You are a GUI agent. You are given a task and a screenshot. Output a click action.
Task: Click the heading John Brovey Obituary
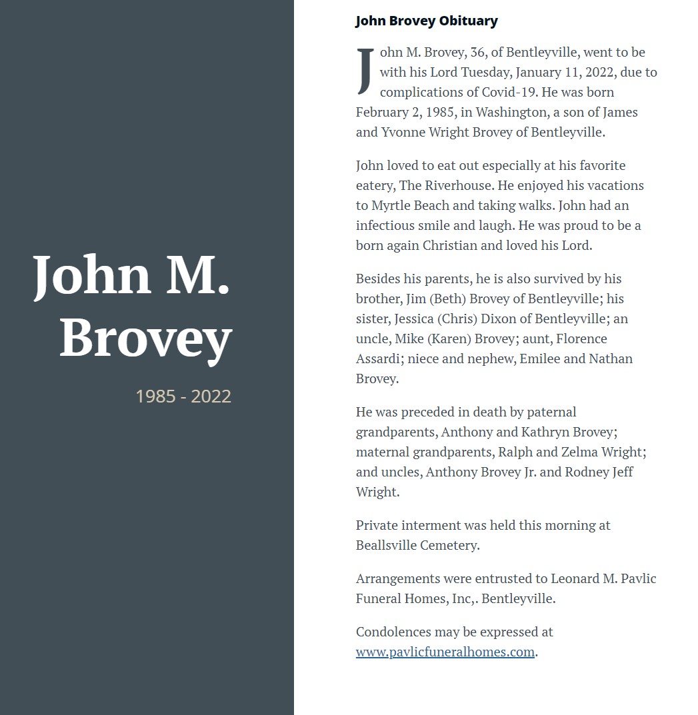pos(426,21)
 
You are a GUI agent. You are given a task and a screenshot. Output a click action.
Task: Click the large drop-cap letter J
pos(365,71)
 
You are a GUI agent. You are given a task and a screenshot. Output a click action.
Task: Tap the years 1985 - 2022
pos(183,396)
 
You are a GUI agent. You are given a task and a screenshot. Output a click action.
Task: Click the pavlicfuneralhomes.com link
pos(445,652)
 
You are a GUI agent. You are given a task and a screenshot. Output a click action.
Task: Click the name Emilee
pos(540,358)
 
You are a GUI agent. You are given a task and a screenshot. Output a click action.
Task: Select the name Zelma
pos(581,452)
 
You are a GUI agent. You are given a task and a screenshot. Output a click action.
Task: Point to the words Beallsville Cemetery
pos(417,545)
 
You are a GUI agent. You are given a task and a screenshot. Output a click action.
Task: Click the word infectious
pos(387,225)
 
